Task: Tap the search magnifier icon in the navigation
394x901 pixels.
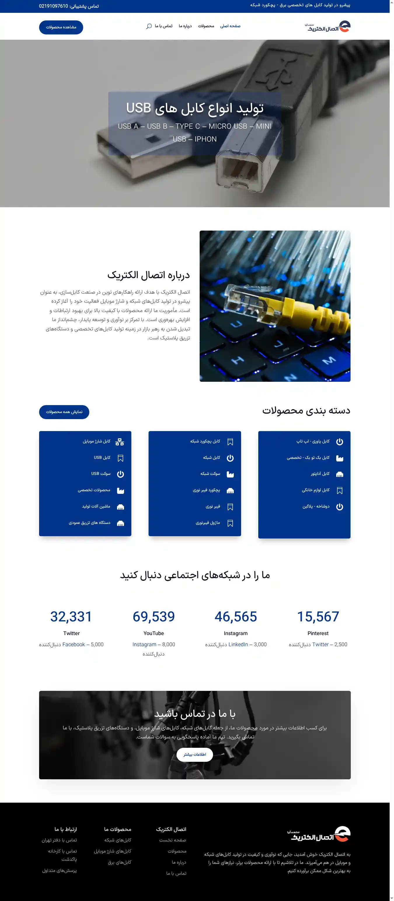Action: click(x=149, y=26)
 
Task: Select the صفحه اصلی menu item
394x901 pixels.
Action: click(x=230, y=26)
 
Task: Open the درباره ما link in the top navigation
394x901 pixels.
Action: click(x=185, y=26)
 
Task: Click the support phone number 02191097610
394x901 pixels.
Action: click(x=53, y=6)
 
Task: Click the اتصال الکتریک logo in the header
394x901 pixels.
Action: click(x=327, y=27)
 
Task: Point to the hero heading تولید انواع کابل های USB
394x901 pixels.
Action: click(x=195, y=108)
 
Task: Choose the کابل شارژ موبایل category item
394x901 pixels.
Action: click(x=97, y=441)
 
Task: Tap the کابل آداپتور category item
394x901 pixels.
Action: click(x=320, y=474)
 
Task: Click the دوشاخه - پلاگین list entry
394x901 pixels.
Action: click(x=316, y=506)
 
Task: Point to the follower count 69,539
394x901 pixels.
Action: click(x=154, y=616)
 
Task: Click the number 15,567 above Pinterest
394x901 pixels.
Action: click(x=318, y=616)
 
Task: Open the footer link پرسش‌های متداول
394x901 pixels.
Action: click(x=60, y=870)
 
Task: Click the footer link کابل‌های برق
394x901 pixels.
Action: click(x=120, y=862)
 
